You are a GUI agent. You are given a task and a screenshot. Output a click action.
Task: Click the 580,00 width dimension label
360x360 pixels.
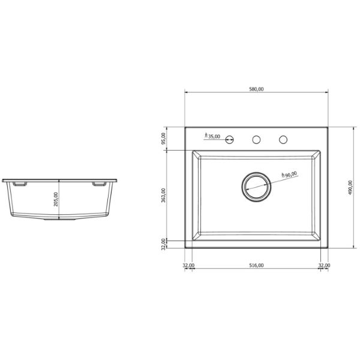256,89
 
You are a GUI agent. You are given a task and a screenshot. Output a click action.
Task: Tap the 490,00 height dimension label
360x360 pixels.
350,187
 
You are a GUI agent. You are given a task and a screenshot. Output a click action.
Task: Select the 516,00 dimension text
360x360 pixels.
256,265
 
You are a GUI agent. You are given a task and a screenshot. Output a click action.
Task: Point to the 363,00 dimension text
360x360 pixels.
163,195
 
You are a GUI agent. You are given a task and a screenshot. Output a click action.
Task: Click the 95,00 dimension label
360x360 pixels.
163,139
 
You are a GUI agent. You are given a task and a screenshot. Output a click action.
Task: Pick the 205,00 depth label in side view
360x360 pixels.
56,199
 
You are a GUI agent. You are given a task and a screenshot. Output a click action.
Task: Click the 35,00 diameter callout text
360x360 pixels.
212,136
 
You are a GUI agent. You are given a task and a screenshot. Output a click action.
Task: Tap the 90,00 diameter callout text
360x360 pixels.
289,175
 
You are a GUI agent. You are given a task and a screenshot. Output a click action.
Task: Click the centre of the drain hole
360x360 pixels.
256,187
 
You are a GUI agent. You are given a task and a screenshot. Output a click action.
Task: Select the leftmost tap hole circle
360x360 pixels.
229,139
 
